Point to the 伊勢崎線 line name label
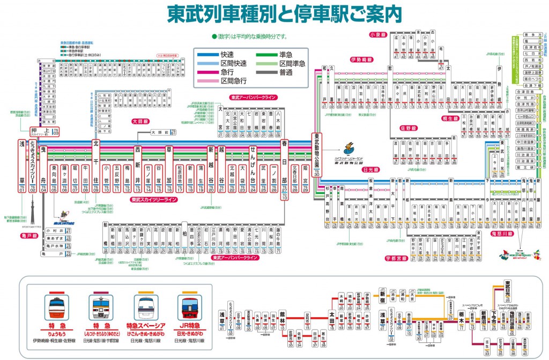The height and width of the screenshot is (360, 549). coord(362,59)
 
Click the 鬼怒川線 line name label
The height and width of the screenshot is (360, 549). coord(502,234)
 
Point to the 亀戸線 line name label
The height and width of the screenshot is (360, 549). coord(26,235)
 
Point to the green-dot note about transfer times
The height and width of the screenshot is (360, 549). coord(249,36)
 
